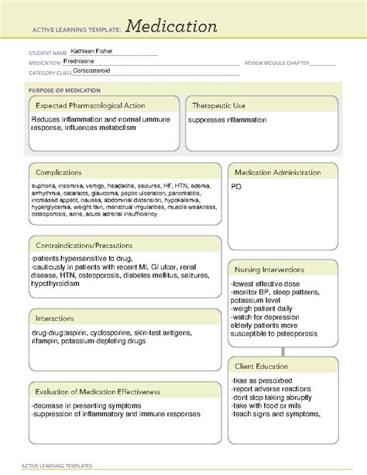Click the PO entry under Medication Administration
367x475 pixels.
click(235, 188)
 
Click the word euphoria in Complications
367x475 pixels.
click(45, 187)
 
